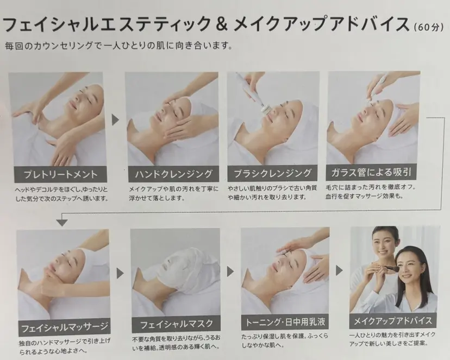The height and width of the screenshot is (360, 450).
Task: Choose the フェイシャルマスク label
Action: coord(175,326)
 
